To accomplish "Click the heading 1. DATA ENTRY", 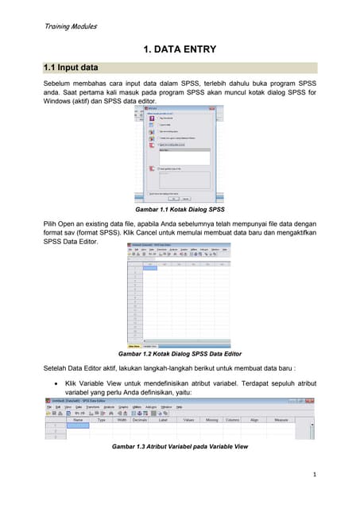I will tap(180, 51).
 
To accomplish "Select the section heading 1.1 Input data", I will tap(71, 68).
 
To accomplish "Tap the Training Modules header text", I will tap(70, 26).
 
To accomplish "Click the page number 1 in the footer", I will tap(315, 475).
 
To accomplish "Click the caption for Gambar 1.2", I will tap(180, 353).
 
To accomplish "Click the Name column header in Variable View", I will tap(78, 420).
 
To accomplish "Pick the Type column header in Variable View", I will tap(102, 420).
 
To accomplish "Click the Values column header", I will tap(189, 420).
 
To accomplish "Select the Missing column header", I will tap(212, 420).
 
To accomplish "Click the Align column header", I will tap(254, 420).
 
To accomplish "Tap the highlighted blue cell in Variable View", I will tap(78, 425).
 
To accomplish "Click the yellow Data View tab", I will tap(135, 346).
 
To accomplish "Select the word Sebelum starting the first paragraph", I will tap(57, 84).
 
